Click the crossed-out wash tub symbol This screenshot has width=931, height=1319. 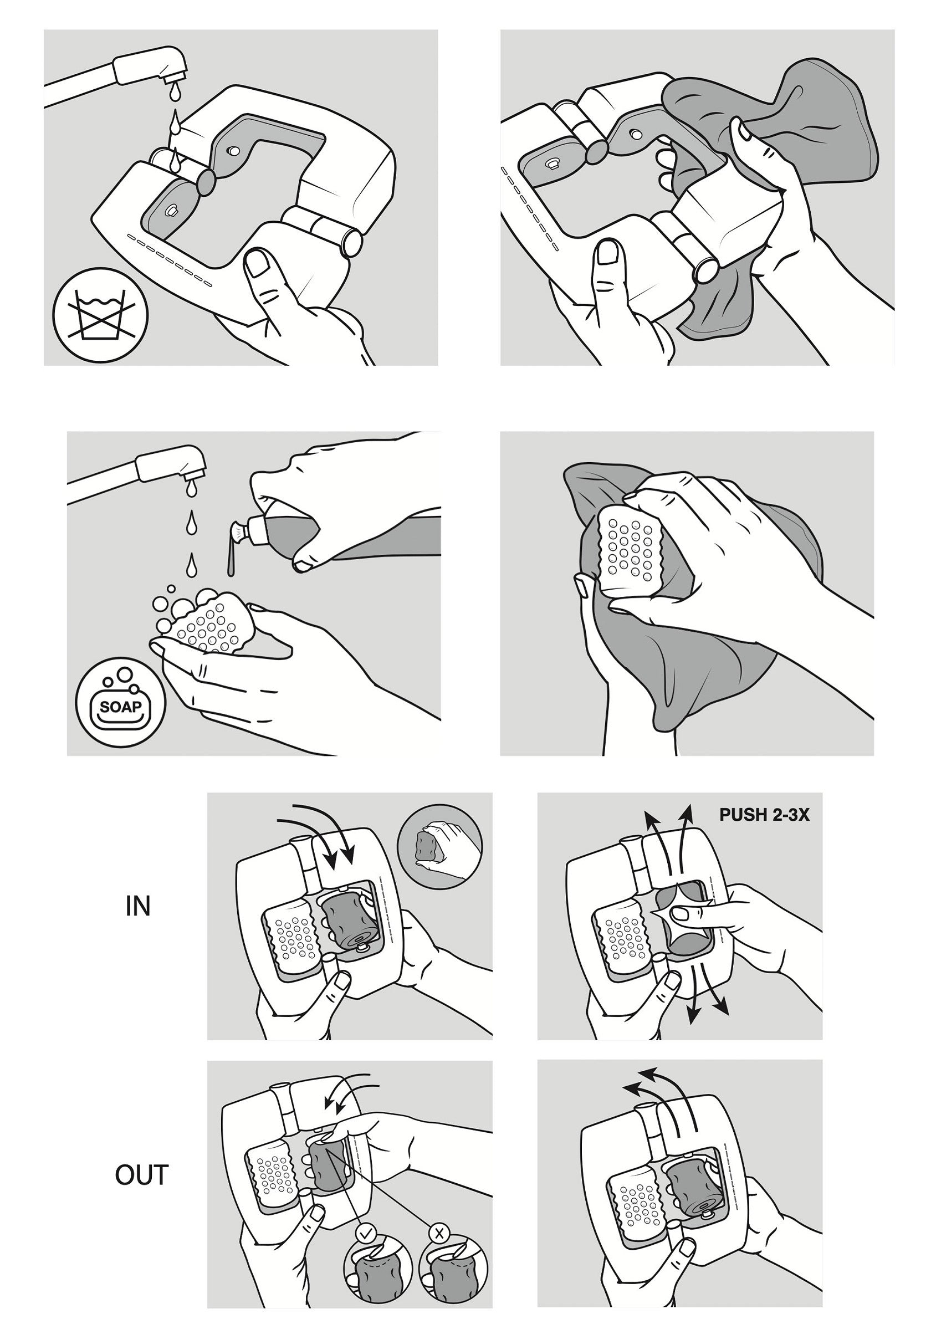(x=100, y=315)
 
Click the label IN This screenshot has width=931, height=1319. (x=138, y=907)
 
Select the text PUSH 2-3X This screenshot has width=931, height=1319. (x=764, y=815)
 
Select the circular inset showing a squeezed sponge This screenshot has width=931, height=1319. (x=440, y=846)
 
